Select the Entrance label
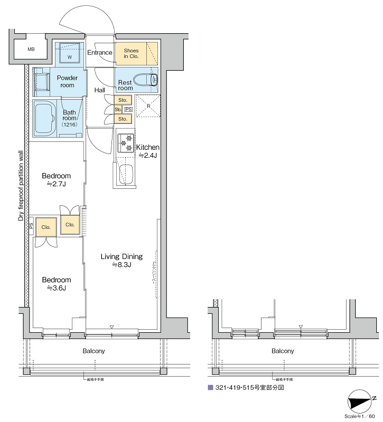click(x=100, y=52)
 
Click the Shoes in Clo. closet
click(x=131, y=53)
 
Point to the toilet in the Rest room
click(x=146, y=80)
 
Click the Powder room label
click(x=67, y=81)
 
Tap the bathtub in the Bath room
click(x=45, y=119)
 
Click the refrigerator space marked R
click(x=148, y=106)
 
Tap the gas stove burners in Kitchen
click(x=125, y=144)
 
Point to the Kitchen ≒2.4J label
click(x=148, y=151)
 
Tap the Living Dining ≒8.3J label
click(x=122, y=261)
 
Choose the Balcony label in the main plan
click(x=94, y=351)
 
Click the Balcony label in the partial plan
click(x=283, y=351)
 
